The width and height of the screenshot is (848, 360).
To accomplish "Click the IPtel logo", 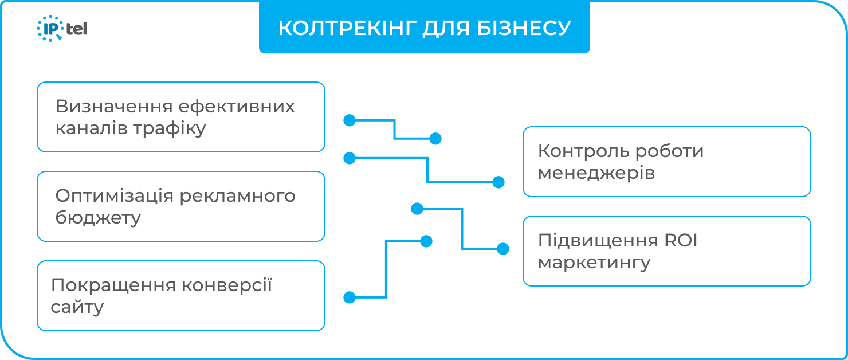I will pos(62,28).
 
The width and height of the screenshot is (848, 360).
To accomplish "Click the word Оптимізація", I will pos(114,196).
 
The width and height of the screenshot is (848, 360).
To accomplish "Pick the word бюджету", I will pos(98,218).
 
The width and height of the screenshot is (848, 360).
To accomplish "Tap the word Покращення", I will pos(112,285).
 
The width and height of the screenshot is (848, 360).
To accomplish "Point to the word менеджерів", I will pos(596,173).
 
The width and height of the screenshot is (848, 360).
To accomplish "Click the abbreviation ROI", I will pos(681,241).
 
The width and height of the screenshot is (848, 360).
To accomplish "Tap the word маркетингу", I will pos(595,263).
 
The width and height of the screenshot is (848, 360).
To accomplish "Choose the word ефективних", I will pos(237,107).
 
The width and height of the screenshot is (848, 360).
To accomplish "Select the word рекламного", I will pos(238,196).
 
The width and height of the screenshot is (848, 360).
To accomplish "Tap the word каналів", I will pos(91,128).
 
